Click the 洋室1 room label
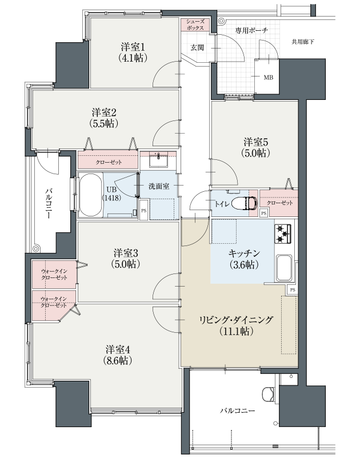[133, 53]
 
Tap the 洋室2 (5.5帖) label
[104, 118]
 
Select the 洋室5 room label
[256, 148]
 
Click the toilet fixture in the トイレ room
[244, 203]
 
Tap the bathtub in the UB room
[91, 195]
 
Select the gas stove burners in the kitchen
[283, 233]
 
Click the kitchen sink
[284, 268]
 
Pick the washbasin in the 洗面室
[158, 160]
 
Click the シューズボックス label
[195, 25]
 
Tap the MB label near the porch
[269, 78]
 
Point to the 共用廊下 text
[303, 42]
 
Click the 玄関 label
[197, 47]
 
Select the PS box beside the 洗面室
[144, 210]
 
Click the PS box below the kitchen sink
[293, 290]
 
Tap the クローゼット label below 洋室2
[109, 162]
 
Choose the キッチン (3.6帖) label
[244, 259]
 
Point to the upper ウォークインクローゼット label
[54, 274]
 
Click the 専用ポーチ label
[251, 30]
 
